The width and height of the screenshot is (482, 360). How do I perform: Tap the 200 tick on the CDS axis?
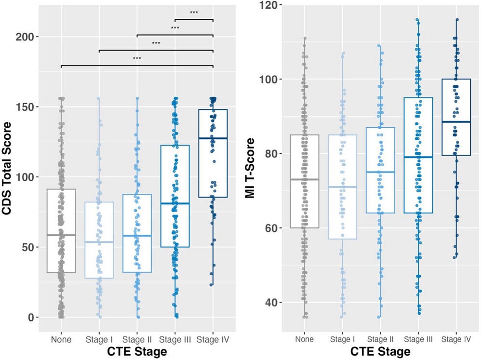(32, 37)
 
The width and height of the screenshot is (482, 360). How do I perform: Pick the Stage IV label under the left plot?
(213, 340)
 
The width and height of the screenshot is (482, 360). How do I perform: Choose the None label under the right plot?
(305, 340)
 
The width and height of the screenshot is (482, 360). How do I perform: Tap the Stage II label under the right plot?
(380, 340)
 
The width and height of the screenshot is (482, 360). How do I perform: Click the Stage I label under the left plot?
(99, 340)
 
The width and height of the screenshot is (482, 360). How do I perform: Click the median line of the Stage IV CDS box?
(213, 138)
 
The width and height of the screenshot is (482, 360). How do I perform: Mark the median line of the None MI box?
(305, 179)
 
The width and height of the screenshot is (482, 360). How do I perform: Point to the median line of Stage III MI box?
(418, 157)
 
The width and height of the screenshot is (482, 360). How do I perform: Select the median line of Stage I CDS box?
(99, 242)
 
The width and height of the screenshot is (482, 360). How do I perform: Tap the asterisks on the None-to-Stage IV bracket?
(137, 59)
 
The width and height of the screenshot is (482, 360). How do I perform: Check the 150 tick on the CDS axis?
(32, 107)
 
